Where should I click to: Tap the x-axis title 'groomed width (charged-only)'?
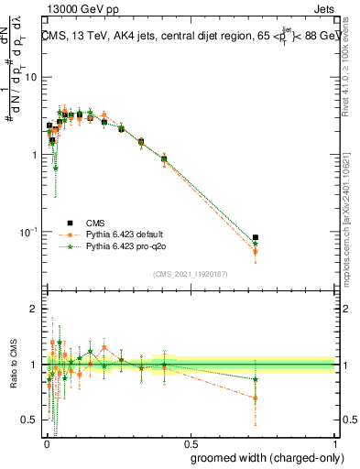click(261, 457)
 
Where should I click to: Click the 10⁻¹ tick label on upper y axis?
click(27, 232)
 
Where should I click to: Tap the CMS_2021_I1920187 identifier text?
click(189, 274)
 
